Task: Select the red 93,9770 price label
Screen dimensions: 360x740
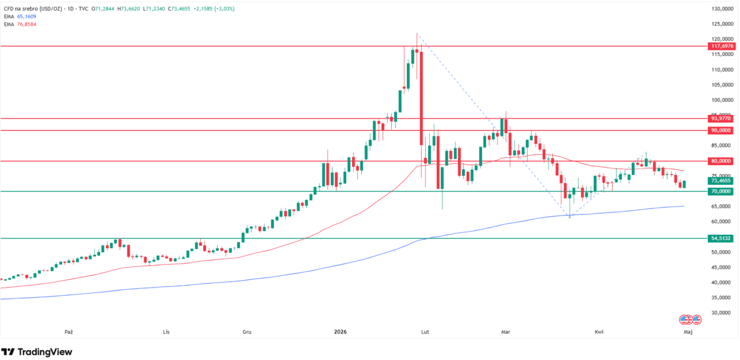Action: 720,119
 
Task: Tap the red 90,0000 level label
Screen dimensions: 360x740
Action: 720,131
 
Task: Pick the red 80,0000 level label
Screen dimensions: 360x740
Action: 720,161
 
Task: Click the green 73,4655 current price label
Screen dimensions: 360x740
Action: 720,181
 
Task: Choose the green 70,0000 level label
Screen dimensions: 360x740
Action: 720,191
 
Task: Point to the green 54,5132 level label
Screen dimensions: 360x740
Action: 720,238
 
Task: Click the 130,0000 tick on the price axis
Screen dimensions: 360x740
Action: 722,9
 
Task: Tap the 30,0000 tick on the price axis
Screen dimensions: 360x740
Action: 722,313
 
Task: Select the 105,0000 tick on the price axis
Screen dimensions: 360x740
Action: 722,85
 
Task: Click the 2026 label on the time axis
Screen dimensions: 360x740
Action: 340,332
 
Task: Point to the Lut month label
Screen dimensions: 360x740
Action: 425,332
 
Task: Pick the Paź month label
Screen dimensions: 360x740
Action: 69,332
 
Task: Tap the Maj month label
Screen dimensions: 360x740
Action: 688,332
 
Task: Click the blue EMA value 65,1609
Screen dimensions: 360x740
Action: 27,16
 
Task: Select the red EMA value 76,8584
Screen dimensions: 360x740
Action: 27,24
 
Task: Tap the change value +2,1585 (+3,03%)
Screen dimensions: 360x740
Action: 214,9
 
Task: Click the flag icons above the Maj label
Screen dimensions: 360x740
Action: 690,319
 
